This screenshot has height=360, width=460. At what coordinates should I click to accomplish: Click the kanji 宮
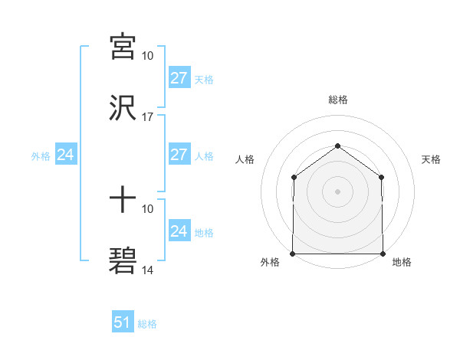tap(123, 47)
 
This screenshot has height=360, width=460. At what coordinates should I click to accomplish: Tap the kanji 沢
tap(123, 108)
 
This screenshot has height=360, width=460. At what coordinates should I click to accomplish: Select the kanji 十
tap(123, 200)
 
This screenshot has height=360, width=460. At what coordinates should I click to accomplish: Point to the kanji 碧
tap(123, 261)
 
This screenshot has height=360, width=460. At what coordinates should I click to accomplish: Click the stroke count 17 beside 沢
tap(148, 117)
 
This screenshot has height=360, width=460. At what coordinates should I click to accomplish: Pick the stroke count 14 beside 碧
tap(148, 270)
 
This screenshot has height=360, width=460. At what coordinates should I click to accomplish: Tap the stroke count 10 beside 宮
tap(148, 56)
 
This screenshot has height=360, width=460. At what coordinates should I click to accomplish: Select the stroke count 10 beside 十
tap(148, 208)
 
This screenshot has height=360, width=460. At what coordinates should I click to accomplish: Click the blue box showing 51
tap(123, 322)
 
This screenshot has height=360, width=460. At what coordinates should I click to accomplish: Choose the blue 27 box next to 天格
tap(179, 78)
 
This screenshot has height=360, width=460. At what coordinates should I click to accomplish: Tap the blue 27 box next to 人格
tap(179, 155)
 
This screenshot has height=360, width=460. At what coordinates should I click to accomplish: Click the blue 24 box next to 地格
tap(179, 231)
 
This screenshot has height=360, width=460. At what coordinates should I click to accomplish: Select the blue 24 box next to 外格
tap(66, 155)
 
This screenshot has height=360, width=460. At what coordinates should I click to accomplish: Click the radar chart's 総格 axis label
tap(337, 100)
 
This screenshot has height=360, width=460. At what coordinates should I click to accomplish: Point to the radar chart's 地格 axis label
tap(402, 262)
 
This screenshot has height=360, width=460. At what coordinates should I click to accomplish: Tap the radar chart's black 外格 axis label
tap(271, 262)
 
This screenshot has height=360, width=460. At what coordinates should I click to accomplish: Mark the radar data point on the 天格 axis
tap(381, 178)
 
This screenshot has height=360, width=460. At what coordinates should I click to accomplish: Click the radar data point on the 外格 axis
tap(294, 253)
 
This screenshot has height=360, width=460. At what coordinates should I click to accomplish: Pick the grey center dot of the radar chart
tap(337, 191)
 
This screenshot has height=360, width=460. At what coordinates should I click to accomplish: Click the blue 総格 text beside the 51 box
tap(147, 324)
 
